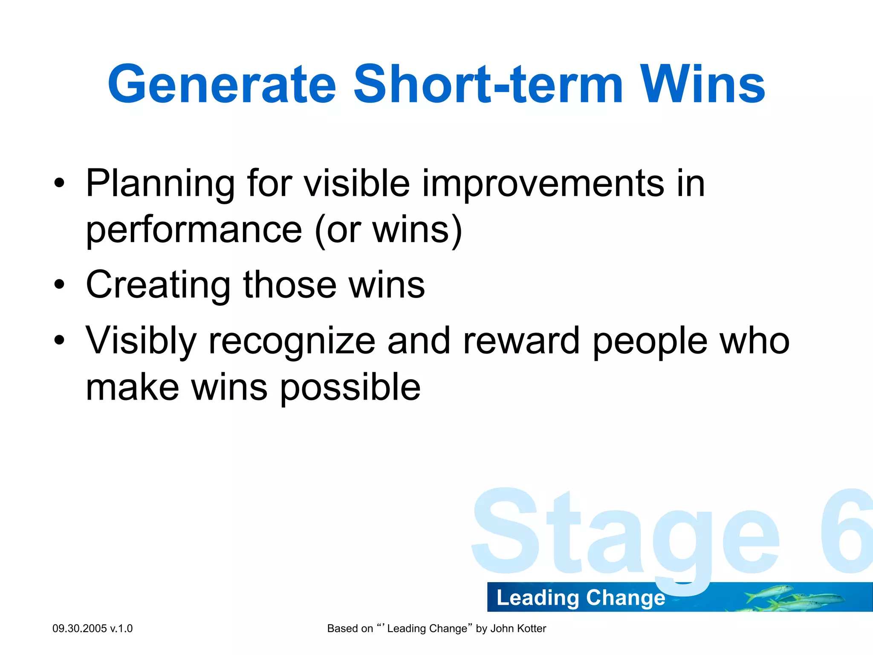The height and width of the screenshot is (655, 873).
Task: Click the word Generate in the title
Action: click(x=222, y=84)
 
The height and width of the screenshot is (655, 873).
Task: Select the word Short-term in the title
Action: click(x=489, y=84)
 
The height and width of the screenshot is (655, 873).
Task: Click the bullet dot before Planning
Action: click(x=60, y=183)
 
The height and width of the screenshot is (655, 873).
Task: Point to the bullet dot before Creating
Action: click(x=60, y=284)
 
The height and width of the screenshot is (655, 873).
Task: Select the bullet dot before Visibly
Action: click(x=60, y=340)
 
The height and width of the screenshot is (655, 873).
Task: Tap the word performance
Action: click(x=194, y=230)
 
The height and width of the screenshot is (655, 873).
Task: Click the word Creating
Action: click(x=158, y=285)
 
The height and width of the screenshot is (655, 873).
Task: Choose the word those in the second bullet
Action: click(x=289, y=285)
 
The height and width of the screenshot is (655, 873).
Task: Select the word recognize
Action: click(x=292, y=341)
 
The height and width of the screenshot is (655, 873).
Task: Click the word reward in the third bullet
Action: click(x=521, y=341)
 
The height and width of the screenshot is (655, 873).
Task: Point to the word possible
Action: click(x=350, y=387)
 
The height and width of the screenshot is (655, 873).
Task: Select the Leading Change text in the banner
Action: click(x=581, y=597)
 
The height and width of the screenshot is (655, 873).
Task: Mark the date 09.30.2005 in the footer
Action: click(x=79, y=629)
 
